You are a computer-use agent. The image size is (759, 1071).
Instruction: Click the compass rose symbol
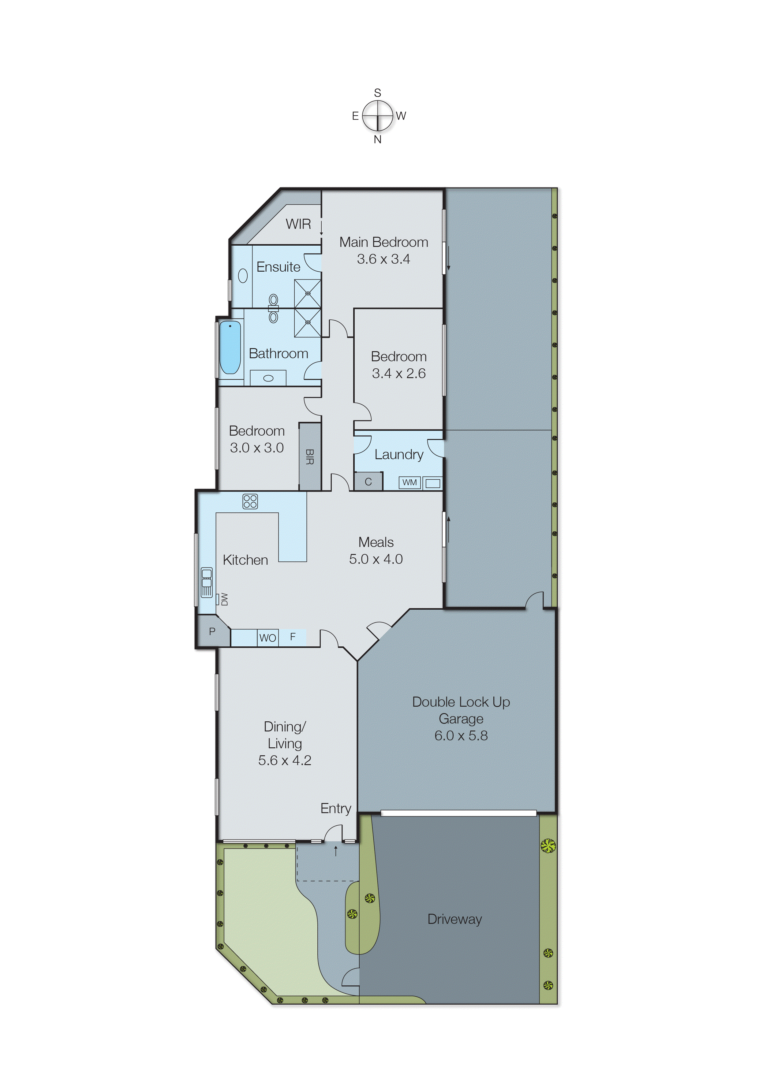378,115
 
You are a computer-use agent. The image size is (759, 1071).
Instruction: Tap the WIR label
298,224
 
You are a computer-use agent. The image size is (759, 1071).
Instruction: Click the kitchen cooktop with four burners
250,501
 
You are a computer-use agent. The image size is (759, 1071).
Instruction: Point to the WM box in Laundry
409,482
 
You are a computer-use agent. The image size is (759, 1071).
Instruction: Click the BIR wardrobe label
309,456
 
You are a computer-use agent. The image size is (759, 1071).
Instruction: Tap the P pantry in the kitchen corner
212,631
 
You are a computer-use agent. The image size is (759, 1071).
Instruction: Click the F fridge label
293,637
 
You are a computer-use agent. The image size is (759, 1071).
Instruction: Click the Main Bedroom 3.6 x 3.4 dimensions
383,259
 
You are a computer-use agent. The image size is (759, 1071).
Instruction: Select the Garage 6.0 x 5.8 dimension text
461,736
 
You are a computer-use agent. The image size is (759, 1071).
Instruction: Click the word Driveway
454,919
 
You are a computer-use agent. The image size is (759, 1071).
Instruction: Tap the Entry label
335,809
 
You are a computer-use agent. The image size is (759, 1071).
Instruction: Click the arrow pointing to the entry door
335,851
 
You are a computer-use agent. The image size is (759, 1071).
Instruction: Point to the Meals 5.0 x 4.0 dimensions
376,559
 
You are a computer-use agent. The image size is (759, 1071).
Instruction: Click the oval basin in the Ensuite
243,276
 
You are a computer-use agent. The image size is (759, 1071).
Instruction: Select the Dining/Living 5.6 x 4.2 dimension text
285,760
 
